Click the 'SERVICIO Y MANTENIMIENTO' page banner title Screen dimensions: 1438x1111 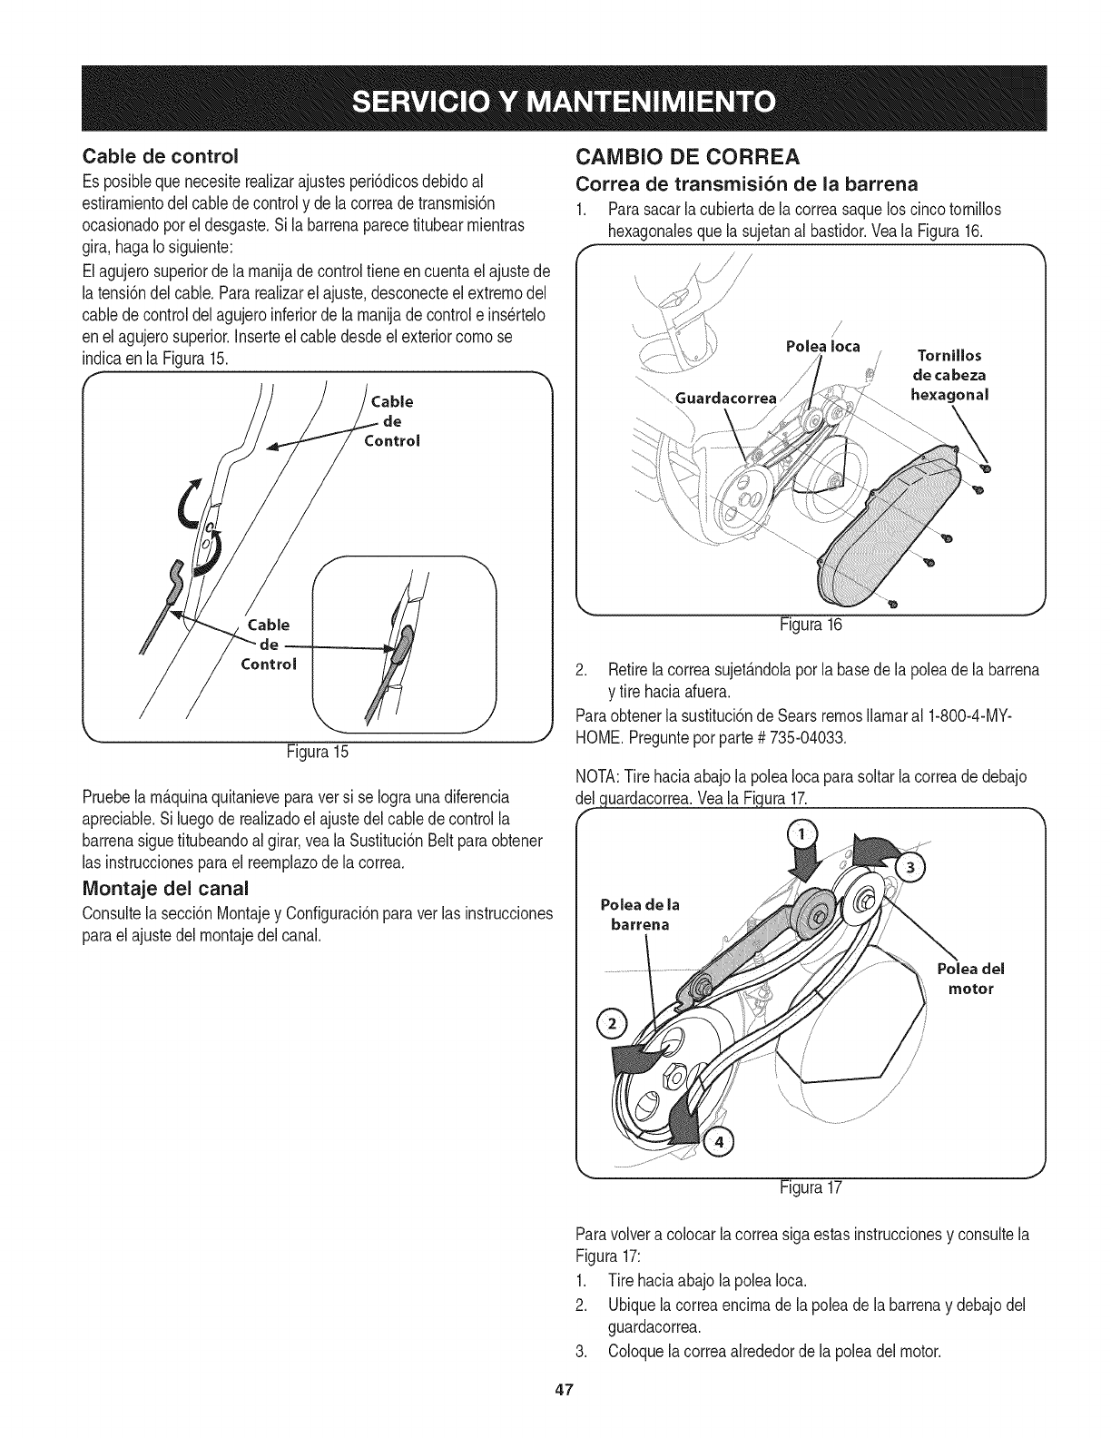[x=555, y=99]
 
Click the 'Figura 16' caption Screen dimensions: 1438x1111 [x=813, y=624]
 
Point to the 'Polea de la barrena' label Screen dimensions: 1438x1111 [x=641, y=914]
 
